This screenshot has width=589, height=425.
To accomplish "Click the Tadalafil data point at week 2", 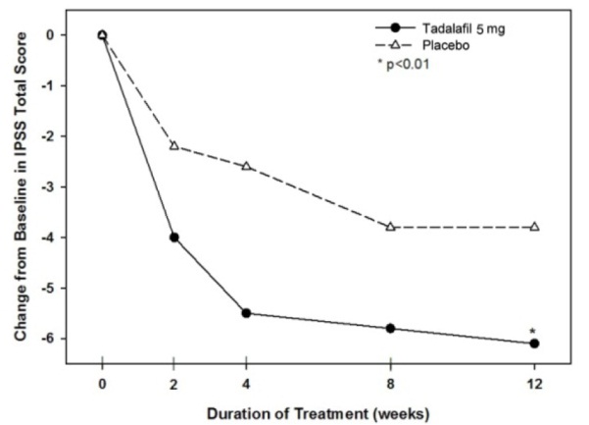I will (x=174, y=238).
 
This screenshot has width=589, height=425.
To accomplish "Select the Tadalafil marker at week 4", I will (x=246, y=313).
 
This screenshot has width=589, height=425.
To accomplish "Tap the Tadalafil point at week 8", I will (x=390, y=328).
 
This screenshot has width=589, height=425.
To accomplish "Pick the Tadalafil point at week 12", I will (x=534, y=343).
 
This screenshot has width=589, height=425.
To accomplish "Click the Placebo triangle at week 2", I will (x=174, y=145).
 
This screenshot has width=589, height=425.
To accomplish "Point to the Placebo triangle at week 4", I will (x=246, y=166).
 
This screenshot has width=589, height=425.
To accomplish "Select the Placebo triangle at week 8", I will (x=390, y=227).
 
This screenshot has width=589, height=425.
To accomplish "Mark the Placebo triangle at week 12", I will (x=534, y=227).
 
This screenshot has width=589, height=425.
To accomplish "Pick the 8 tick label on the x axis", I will (x=390, y=381).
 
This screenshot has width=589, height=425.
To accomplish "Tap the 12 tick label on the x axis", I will (x=534, y=381).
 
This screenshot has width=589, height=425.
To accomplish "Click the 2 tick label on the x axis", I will (x=174, y=381).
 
